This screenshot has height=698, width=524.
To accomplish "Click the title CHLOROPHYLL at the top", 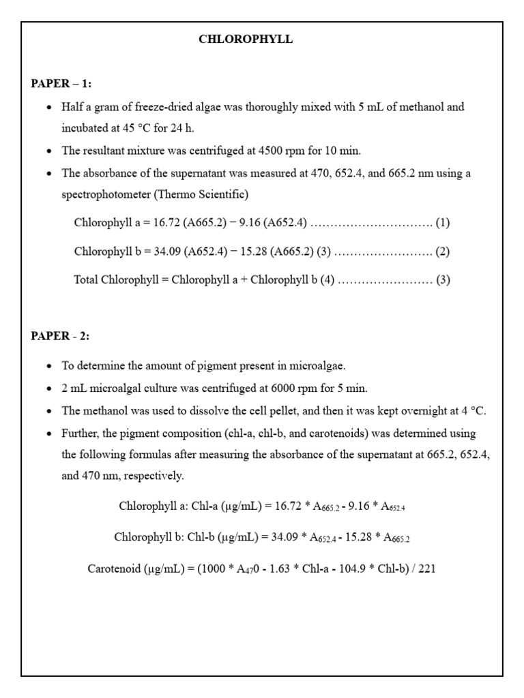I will pos(246,40).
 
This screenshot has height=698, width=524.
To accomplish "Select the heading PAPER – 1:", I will pos(61,84).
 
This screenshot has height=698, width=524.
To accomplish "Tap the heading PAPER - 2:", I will pos(60,336).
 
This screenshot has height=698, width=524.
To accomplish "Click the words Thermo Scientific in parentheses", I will pos(201,195).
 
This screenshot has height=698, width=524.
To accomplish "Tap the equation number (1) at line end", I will pos(443,223).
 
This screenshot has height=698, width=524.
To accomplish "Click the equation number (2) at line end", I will pos(443,252).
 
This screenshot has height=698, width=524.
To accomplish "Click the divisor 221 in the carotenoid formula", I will pos(426,568).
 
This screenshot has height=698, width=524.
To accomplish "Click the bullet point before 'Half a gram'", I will pos(48,108).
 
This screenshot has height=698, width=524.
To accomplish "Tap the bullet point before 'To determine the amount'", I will pos(48,367).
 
